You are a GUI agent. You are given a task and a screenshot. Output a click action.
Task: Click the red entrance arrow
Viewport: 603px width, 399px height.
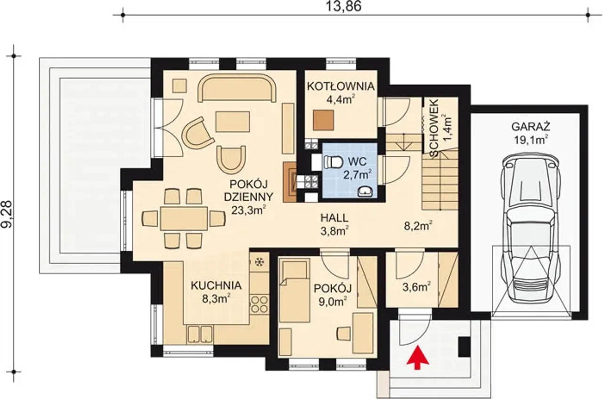pyautogui.click(x=417, y=361)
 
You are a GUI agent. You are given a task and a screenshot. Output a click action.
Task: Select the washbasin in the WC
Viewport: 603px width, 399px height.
pyautogui.click(x=365, y=191)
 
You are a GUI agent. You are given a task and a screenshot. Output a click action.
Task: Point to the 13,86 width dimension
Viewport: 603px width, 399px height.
pyautogui.click(x=343, y=6)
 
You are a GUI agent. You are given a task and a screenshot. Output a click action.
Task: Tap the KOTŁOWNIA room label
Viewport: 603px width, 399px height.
pyautogui.click(x=341, y=86)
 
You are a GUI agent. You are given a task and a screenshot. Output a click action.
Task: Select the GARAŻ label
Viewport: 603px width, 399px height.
pyautogui.click(x=530, y=127)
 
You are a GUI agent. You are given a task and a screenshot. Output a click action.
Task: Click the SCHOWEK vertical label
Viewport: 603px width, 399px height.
pyautogui.click(x=434, y=129)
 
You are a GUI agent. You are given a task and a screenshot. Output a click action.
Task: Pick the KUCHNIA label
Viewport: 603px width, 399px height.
pyautogui.click(x=216, y=285)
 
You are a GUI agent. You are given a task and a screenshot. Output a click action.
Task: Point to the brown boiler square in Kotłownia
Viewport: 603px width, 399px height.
pyautogui.click(x=323, y=120)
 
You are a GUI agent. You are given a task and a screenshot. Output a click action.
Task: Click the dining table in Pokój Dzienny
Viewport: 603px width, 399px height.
pyautogui.click(x=184, y=219)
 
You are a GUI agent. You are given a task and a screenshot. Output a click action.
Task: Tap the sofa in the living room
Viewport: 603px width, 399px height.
pyautogui.click(x=237, y=88)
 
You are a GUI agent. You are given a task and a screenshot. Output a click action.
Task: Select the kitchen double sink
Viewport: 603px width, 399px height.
pyautogui.click(x=200, y=334)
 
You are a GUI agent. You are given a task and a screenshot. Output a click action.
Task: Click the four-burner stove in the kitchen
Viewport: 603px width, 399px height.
pyautogui.click(x=260, y=304)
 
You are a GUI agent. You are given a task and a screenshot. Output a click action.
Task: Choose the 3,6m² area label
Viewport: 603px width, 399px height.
pyautogui.click(x=416, y=287)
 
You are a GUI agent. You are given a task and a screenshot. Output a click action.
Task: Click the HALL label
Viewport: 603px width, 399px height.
pyautogui.click(x=334, y=218)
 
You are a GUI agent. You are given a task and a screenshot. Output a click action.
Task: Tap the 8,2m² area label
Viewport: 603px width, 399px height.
pyautogui.click(x=418, y=226)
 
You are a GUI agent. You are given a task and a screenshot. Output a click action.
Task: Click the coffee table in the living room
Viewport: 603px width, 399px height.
pyautogui.click(x=233, y=122)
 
